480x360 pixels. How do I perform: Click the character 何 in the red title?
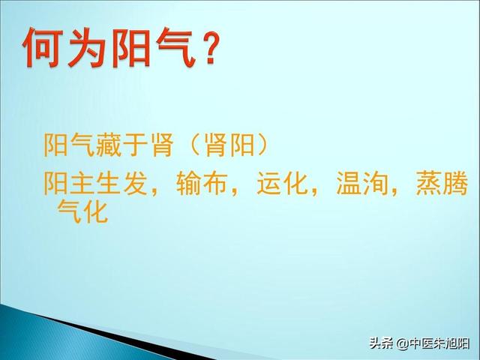[x=43, y=46]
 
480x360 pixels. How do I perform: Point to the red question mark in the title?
[x=210, y=48]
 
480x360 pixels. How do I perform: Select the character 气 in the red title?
[x=175, y=46]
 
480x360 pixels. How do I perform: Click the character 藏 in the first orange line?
[x=109, y=145]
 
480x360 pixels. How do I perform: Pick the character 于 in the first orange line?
[x=135, y=145]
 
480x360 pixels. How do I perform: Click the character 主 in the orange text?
[x=82, y=183]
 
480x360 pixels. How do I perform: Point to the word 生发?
[x=121, y=183]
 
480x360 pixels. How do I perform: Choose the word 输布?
[x=202, y=183]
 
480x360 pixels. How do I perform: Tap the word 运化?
[x=282, y=183]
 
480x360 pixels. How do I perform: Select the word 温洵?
[x=361, y=183]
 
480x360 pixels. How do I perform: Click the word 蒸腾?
[x=442, y=183]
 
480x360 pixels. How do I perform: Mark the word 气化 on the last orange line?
[x=82, y=211]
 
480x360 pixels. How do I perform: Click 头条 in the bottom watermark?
[x=382, y=343]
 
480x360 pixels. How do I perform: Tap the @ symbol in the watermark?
[x=402, y=343]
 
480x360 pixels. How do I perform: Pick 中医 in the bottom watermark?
[x=421, y=343]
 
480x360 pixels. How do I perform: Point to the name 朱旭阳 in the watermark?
[x=451, y=343]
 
